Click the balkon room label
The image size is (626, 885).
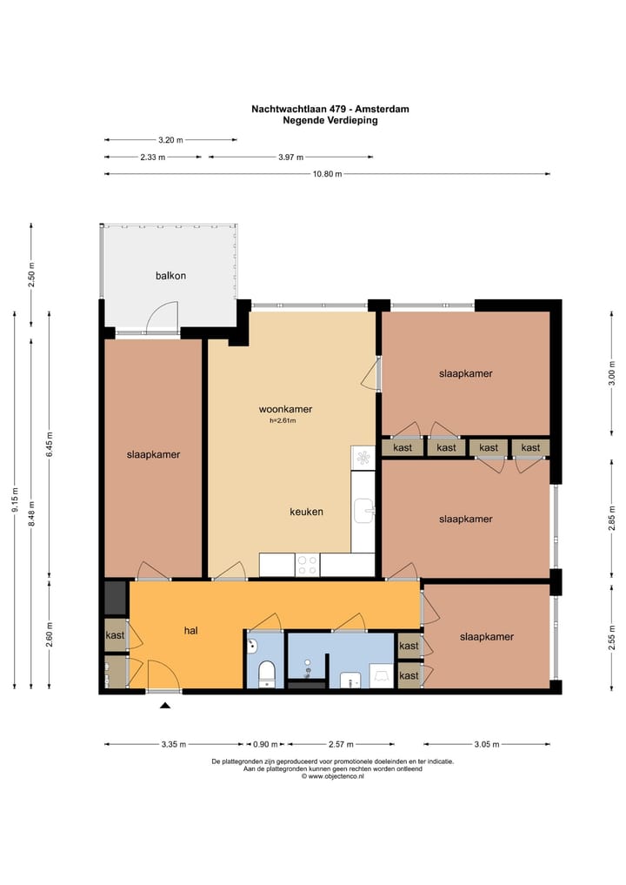(x=170, y=276)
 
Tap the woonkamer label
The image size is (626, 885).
(x=285, y=409)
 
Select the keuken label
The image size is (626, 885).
(x=306, y=512)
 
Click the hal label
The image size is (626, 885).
(x=190, y=630)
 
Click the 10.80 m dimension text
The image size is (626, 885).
(x=327, y=174)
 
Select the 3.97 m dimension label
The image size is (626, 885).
(x=290, y=157)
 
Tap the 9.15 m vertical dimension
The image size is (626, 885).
(x=15, y=500)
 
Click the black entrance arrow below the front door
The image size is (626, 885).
(x=164, y=705)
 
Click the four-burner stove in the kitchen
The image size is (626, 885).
(x=308, y=565)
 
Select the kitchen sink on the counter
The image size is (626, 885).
(x=363, y=511)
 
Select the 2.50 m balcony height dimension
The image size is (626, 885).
(x=31, y=275)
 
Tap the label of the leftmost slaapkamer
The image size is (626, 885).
(x=153, y=454)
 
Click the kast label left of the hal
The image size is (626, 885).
(x=115, y=635)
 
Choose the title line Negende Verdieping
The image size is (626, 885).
(x=330, y=120)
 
